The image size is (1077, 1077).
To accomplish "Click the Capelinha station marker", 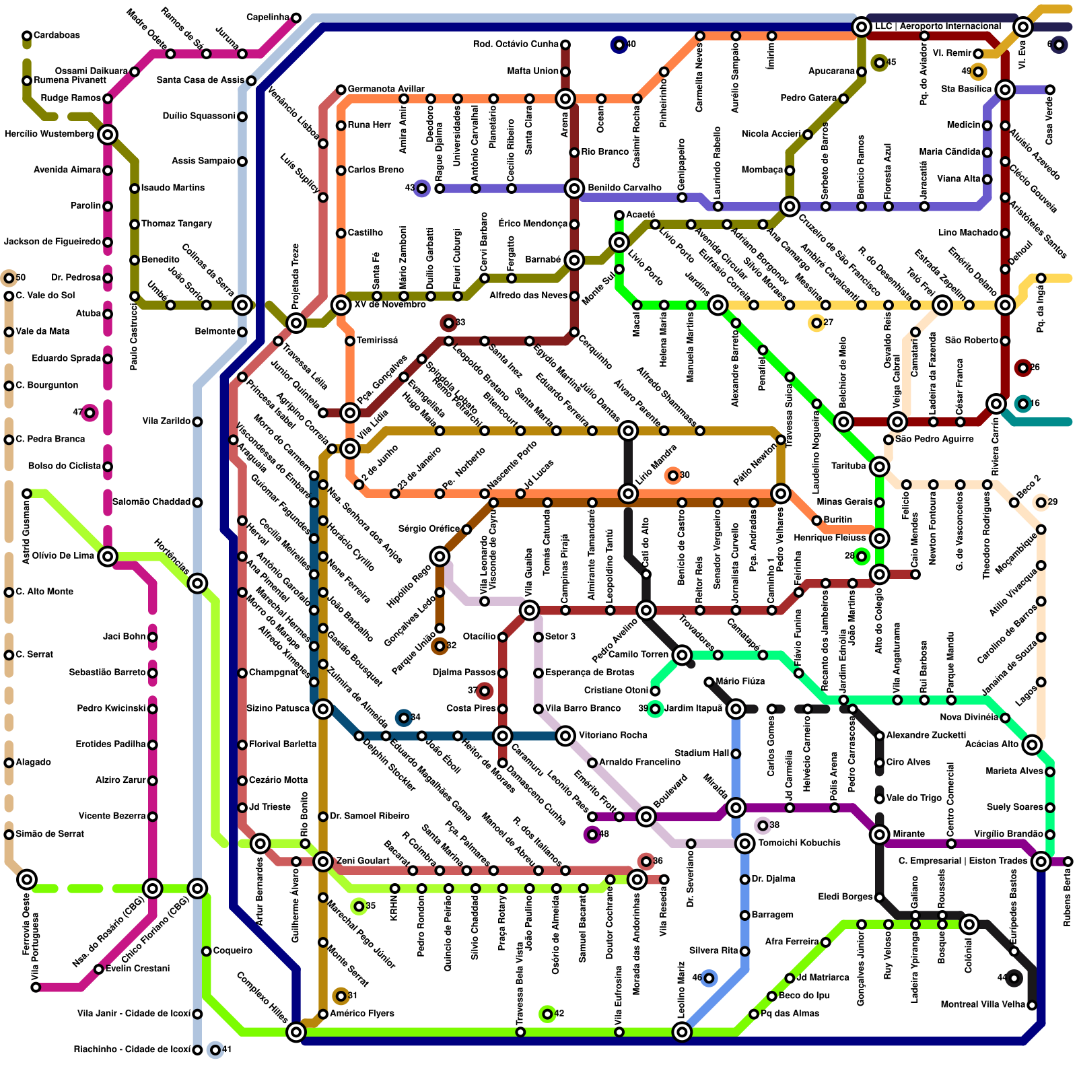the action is [296, 18].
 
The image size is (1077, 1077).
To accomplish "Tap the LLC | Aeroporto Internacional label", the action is [937, 26].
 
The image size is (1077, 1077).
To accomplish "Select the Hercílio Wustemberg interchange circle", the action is [108, 135].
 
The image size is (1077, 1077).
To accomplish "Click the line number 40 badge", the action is [619, 44].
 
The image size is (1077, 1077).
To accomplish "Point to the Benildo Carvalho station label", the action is [624, 188].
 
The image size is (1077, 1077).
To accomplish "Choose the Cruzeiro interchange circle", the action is [790, 206].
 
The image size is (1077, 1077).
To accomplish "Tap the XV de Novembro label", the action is [390, 304].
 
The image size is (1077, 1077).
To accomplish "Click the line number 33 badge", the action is [448, 323].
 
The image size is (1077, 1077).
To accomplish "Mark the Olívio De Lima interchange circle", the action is [108, 556].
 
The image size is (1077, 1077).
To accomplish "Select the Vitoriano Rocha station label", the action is [613, 735].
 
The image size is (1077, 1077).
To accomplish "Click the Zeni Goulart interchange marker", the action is [323, 861].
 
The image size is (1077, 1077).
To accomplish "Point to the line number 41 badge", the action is [215, 1049].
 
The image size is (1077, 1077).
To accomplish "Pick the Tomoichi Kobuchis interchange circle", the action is [744, 843].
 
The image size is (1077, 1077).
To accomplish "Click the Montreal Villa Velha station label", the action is [983, 1004].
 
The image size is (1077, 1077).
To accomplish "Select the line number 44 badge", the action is [1014, 977].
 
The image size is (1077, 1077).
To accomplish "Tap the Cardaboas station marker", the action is [27, 36].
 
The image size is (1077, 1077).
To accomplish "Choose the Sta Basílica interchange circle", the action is [1005, 90].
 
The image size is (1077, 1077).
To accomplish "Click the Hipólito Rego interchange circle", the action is [440, 556].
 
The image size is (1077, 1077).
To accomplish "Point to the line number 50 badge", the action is [9, 277].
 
